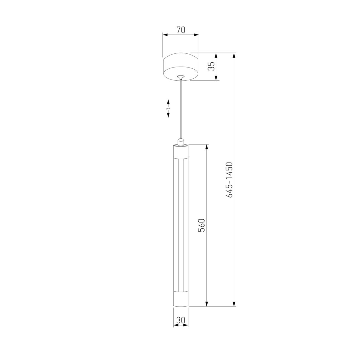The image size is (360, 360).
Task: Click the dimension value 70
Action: [x=181, y=30]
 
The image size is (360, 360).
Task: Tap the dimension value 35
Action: [x=212, y=66]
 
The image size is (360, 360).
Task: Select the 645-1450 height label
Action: [x=230, y=180]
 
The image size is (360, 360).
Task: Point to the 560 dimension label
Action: [x=202, y=225]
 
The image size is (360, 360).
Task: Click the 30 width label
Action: [x=181, y=320]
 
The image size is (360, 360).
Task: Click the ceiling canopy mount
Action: [x=181, y=67]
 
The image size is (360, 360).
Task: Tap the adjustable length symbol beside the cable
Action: [x=168, y=108]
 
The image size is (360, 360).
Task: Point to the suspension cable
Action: [x=181, y=111]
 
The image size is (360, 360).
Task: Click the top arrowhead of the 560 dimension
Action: [x=206, y=147]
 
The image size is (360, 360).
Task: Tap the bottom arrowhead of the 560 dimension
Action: [x=206, y=304]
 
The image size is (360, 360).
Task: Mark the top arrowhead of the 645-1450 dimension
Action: [x=234, y=56]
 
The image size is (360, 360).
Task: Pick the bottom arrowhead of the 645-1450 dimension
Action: [x=234, y=304]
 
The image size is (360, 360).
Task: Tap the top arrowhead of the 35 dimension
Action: [x=216, y=56]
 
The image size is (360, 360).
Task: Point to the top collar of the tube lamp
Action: [x=181, y=150]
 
